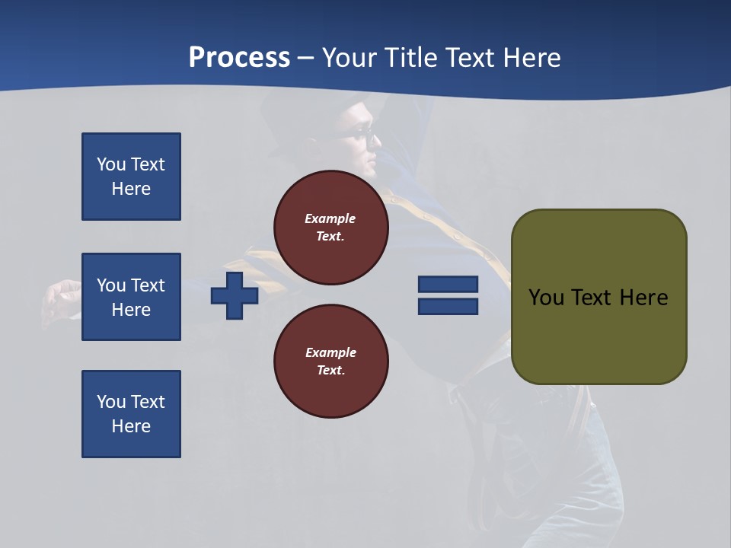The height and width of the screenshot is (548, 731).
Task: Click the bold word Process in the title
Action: pos(239,58)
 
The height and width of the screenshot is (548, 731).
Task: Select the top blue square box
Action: pos(131,177)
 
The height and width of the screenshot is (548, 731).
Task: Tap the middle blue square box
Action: pos(131,297)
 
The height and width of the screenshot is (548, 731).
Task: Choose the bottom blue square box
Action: pos(131,414)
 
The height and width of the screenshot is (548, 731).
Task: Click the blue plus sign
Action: pos(235,295)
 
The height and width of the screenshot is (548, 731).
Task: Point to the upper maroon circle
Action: pos(331,227)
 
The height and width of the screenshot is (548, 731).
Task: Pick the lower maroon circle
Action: pos(331,362)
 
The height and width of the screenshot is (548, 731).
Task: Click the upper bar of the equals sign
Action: pos(448,285)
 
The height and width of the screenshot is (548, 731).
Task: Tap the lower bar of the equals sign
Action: pos(448,307)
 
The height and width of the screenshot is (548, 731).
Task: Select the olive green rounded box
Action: pos(599,297)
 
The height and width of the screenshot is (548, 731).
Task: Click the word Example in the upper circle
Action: pos(330,218)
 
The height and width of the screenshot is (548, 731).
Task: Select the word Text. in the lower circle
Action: pos(330,371)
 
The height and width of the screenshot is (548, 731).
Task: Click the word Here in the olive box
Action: pos(643,298)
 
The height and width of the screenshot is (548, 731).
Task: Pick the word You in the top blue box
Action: pos(110,164)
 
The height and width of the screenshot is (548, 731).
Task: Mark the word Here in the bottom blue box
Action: pos(131,426)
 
